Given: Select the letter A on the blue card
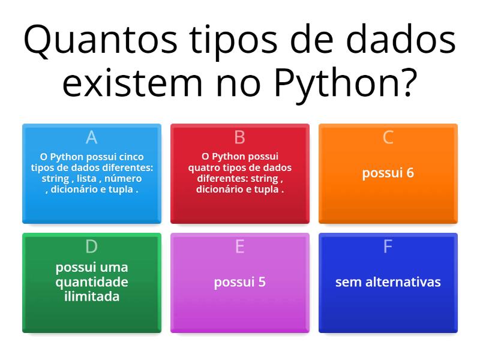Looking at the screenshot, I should coord(91,137).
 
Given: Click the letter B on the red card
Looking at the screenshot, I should coord(239,137).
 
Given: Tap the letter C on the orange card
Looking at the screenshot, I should coord(388,137).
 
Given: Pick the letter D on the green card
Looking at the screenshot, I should coord(91,247).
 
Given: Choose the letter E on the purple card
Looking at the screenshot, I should coord(239,247).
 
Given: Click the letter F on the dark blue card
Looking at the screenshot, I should coord(388,247).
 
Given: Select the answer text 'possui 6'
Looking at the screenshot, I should coord(388,173).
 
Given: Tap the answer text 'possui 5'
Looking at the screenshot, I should coord(239,282).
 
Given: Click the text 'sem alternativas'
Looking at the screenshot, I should coord(388,282).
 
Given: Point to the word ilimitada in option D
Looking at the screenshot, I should coord(91,296).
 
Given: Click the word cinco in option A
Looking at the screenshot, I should coord(131,157).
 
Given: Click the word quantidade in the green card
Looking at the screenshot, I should coord(91,282).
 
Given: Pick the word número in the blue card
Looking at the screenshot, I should coord(123,179).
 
